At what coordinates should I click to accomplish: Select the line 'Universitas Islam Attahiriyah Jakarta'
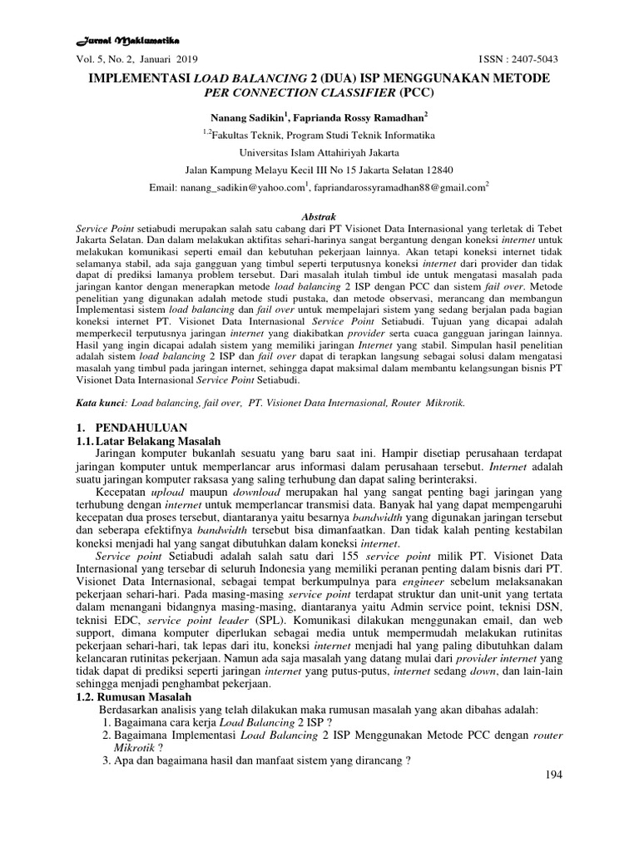[319, 152]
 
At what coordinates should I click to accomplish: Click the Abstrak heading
[319, 215]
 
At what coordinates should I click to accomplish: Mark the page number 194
[552, 775]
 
